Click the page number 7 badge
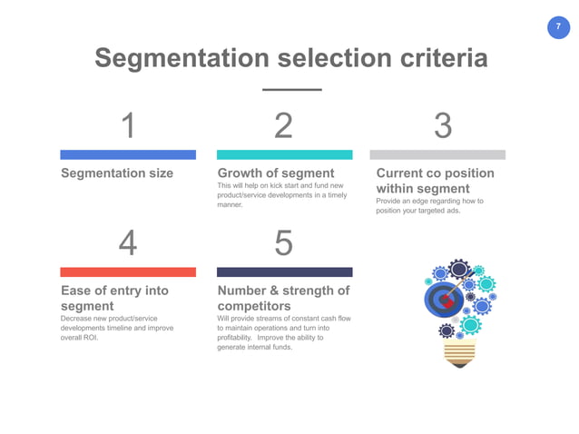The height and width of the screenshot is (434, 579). coord(557,27)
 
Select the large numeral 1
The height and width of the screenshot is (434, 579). coord(129,126)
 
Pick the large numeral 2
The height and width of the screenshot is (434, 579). coord(284,126)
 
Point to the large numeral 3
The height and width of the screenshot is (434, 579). coord(442,126)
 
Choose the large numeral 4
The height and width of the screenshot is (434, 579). coord(128,243)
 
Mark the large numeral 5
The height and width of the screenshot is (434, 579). coord(284,243)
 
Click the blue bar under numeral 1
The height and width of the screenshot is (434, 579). coord(128,154)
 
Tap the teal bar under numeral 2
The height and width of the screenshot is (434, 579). coord(284,154)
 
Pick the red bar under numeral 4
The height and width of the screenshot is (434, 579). coord(128,271)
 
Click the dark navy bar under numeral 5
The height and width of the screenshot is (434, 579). coord(284,271)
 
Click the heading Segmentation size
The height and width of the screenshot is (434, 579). coord(116,173)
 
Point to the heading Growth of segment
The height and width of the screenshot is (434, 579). coord(277,173)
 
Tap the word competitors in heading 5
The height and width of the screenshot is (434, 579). coord(254,306)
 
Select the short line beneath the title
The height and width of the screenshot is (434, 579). coord(291,89)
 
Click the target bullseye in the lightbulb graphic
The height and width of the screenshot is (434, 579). coord(444,297)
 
